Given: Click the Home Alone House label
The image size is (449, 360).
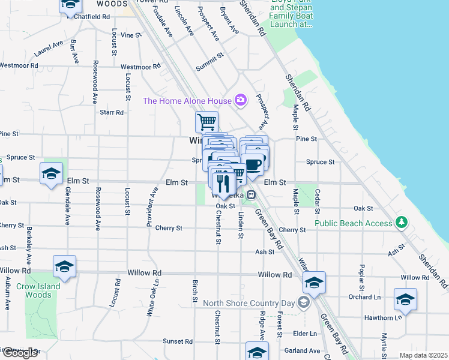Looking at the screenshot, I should coord(187,101).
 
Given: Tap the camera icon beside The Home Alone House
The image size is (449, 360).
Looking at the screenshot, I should coord(241,100).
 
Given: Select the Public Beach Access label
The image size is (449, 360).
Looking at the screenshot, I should coord(354,223).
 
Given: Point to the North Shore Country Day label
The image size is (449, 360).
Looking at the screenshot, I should coord(249,302).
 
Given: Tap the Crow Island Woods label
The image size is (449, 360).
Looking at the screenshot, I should coord(38,290).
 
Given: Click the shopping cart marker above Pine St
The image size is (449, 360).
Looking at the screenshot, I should coord(206,122).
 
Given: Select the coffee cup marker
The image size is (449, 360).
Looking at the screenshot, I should coord(252,164).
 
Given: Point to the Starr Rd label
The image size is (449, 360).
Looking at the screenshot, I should coord(112,112).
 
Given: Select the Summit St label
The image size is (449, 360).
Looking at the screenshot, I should coord(209,63).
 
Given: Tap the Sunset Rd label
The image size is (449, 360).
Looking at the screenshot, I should coord(178,341).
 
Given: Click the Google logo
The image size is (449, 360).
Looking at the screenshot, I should coord(20,353).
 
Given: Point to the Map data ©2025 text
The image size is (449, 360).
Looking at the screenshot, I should coord(423,355).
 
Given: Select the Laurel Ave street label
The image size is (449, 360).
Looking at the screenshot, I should coord(49,48).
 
